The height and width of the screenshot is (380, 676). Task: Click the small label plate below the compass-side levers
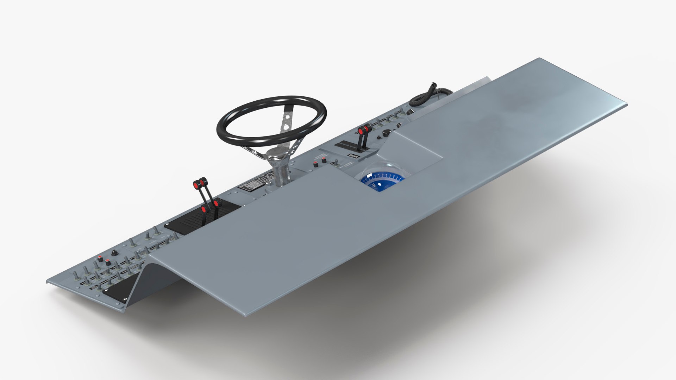(x=353, y=156)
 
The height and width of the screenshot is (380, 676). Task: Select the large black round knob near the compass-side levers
(x=387, y=133)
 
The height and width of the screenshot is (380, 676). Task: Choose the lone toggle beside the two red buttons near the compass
(x=336, y=163)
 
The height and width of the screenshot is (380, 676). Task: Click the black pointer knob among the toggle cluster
(x=114, y=253)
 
